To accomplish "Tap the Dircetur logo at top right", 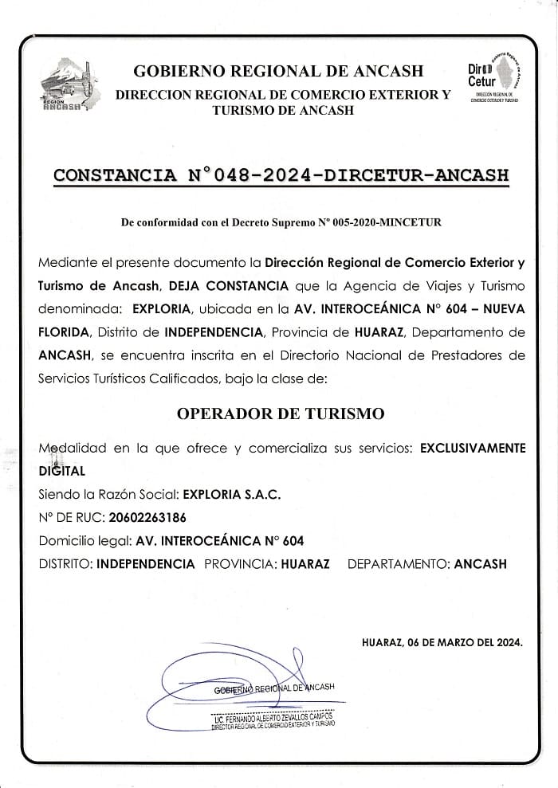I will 494,78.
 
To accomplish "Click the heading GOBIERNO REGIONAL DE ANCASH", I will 279,71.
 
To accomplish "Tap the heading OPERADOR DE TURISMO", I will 280,414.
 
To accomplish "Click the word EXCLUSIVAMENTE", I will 473,449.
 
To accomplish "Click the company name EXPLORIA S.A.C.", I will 233,494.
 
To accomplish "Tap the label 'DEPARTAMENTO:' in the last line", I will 399,564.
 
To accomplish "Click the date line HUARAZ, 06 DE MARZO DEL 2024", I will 442,642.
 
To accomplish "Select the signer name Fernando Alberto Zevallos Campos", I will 273,716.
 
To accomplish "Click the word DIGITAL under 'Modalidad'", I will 61,471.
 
